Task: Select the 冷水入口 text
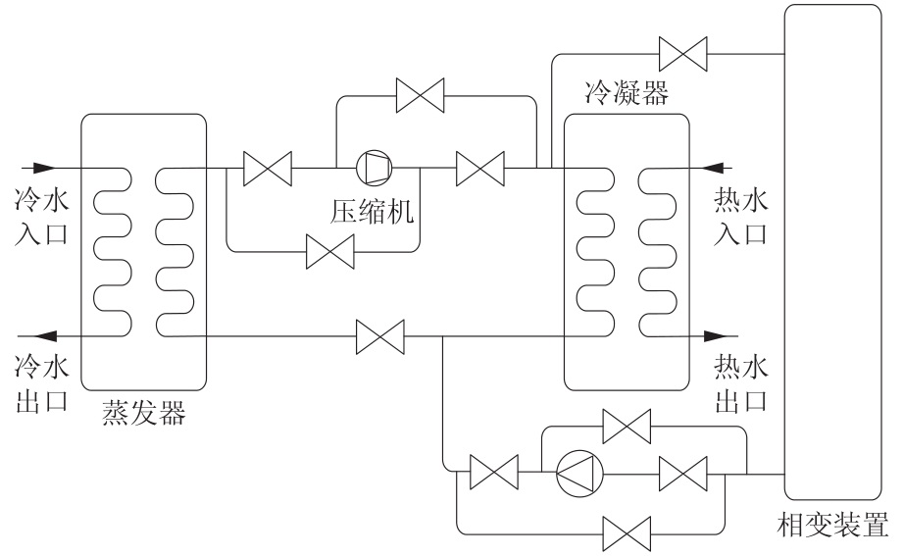(42, 217)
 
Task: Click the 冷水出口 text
(42, 382)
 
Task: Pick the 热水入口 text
(742, 217)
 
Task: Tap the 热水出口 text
(742, 382)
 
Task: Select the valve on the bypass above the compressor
(420, 96)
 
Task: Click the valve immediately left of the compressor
(267, 168)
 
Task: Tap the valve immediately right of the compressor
(480, 168)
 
